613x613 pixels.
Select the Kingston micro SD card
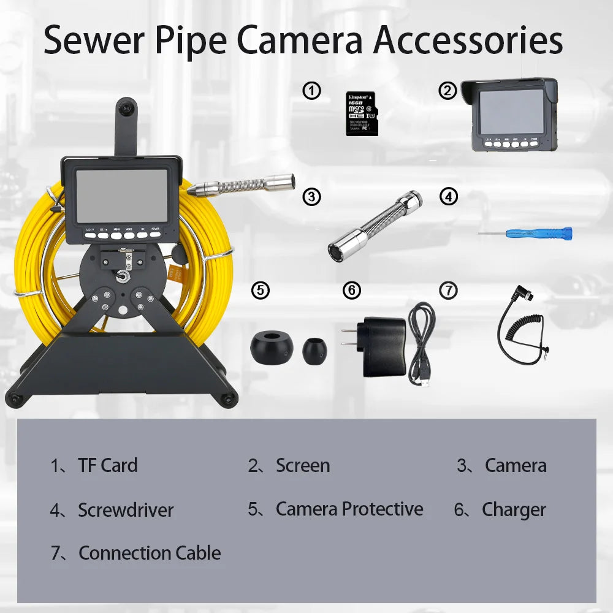coord(362,113)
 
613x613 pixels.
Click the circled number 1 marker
coord(312,91)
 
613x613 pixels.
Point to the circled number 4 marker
coord(449,197)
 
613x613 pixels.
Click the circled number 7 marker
coord(449,290)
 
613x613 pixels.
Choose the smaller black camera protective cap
coord(314,350)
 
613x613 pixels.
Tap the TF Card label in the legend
coord(107,465)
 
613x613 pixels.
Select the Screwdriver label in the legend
coord(125,510)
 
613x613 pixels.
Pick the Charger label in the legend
coord(513,510)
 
